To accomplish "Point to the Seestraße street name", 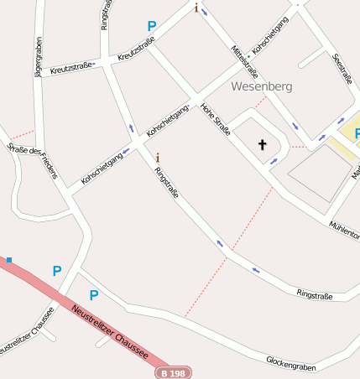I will pyautogui.click(x=342, y=69).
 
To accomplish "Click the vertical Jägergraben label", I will pyautogui.click(x=38, y=56).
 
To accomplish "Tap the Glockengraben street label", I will pyautogui.click(x=293, y=362).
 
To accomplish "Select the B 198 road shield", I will pyautogui.click(x=175, y=372).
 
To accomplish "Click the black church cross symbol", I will pyautogui.click(x=262, y=145).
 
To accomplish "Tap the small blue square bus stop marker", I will pyautogui.click(x=9, y=260).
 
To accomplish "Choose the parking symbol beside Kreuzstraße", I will pyautogui.click(x=152, y=27).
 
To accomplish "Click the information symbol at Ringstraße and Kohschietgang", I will pyautogui.click(x=158, y=157).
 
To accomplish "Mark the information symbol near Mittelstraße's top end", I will pyautogui.click(x=196, y=8).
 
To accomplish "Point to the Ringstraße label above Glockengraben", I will pyautogui.click(x=315, y=294).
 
